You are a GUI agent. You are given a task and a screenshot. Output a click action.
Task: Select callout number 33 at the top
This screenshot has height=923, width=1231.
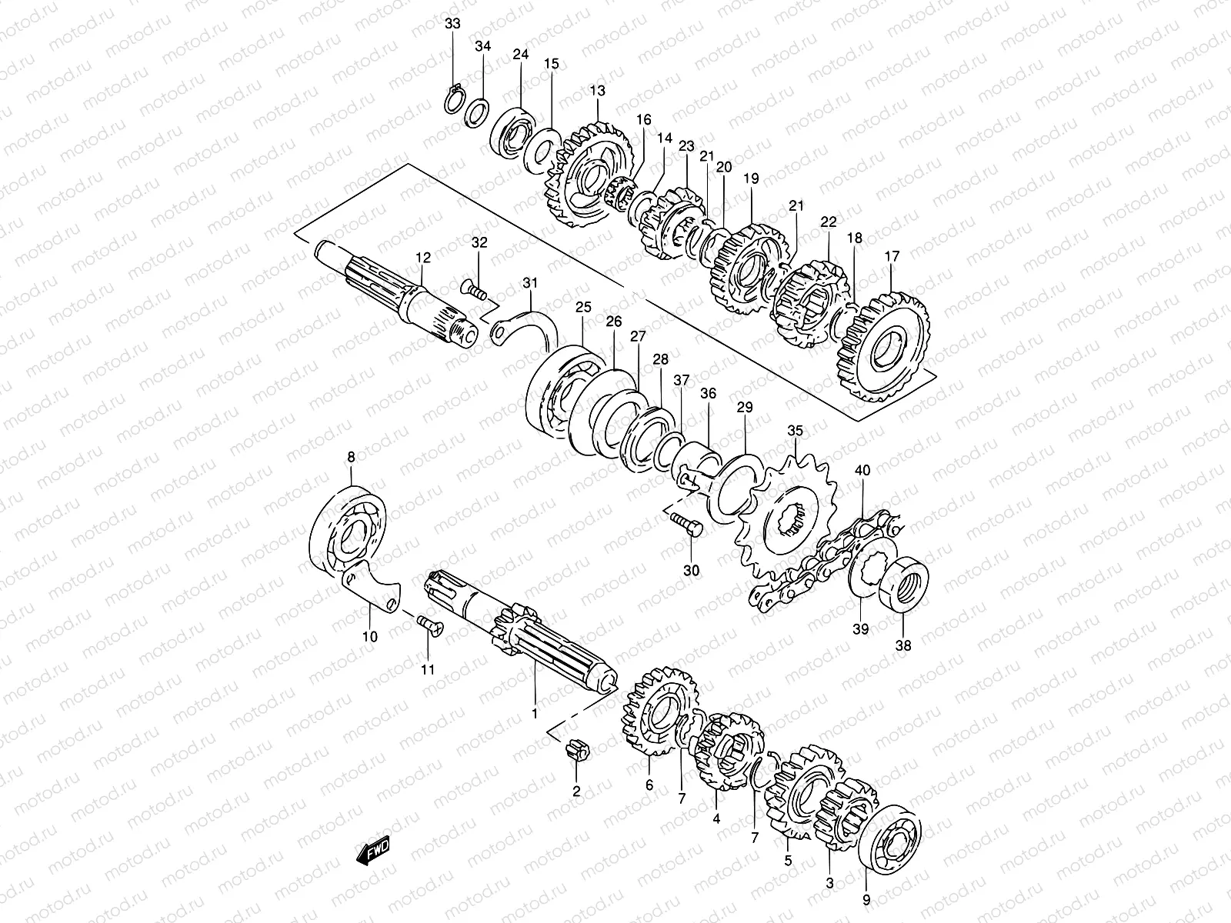point(452,24)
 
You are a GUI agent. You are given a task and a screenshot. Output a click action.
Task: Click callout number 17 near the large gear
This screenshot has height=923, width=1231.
point(892,257)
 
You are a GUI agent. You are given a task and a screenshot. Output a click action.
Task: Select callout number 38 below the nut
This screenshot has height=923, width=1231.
point(903,645)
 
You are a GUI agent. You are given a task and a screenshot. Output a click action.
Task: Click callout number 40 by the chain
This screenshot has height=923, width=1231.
point(862,470)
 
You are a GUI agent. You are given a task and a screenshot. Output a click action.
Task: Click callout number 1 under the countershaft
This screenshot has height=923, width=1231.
point(534,713)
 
